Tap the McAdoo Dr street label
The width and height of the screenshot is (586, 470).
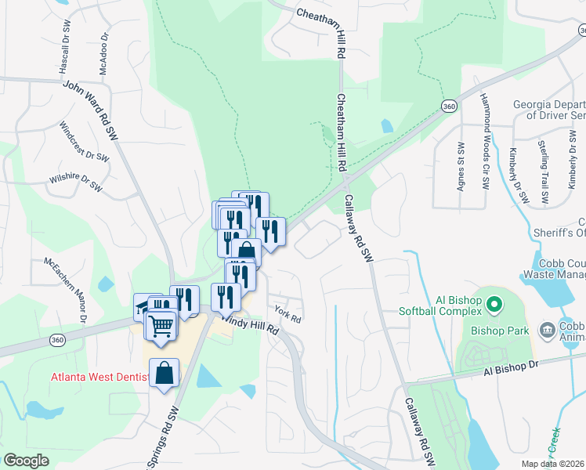coord(103,54)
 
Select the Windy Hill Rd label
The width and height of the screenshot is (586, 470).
coord(249,322)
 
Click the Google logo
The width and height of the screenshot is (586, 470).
coord(27,460)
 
